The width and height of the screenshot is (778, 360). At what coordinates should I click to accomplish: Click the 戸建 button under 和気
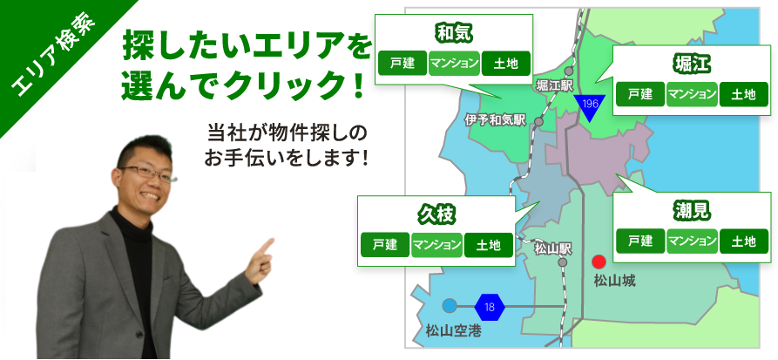403,64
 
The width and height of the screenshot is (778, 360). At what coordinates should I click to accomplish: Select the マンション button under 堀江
692,94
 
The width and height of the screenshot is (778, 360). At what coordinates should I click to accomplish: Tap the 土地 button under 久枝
489,245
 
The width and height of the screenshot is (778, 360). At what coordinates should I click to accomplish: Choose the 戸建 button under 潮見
640,241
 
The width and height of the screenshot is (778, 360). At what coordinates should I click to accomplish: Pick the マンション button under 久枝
436,245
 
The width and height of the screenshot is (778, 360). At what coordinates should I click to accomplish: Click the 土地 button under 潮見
744,241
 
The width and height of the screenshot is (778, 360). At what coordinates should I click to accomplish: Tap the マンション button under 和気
454,64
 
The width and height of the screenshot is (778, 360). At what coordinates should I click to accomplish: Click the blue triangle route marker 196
590,107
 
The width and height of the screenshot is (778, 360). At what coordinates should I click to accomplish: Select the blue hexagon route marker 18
490,307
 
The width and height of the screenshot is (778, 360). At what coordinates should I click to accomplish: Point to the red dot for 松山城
599,262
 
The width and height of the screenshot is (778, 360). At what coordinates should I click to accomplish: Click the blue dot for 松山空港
449,306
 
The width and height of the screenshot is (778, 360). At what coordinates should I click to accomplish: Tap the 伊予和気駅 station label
495,120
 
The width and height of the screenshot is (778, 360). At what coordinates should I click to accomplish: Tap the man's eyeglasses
147,173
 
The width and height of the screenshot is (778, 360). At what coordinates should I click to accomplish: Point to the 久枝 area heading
436,215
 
